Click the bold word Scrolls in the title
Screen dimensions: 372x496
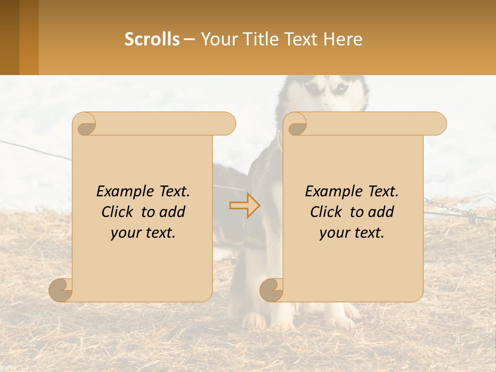152,39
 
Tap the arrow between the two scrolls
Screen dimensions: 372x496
245,206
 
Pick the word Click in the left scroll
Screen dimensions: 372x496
118,212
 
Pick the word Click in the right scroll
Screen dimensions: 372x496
327,212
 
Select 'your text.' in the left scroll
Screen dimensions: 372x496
143,233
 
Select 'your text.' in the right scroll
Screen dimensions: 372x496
352,233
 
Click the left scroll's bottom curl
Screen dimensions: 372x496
61,289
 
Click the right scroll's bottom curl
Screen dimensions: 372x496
271,289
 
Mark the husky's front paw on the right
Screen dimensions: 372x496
340,321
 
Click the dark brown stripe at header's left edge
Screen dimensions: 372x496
9,37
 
